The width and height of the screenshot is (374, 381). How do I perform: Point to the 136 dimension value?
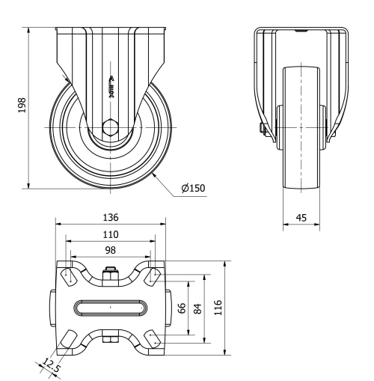(x=111, y=217)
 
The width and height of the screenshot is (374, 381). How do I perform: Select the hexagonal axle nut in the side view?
(x=111, y=127)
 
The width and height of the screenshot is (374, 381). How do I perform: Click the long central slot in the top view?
(x=111, y=308)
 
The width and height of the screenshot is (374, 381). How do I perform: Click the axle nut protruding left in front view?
(x=262, y=129)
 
